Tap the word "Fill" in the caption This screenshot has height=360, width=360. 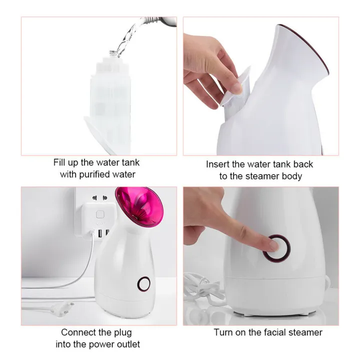60,162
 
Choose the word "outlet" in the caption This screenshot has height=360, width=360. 126,344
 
